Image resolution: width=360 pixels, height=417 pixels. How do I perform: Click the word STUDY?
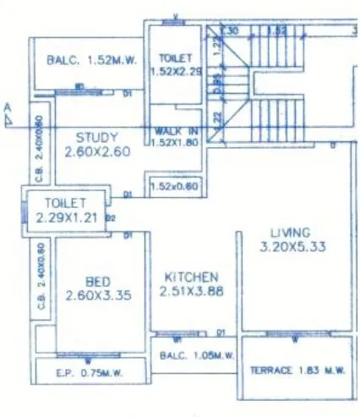[x=96, y=136]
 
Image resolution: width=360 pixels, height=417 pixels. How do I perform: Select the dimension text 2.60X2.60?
[x=96, y=152]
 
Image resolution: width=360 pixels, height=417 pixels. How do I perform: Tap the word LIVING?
[x=290, y=232]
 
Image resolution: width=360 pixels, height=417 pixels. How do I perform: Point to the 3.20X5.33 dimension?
[x=290, y=247]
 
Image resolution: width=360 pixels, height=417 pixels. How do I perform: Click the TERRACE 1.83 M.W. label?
[x=295, y=370]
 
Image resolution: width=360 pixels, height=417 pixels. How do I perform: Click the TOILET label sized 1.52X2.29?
[x=176, y=65]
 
